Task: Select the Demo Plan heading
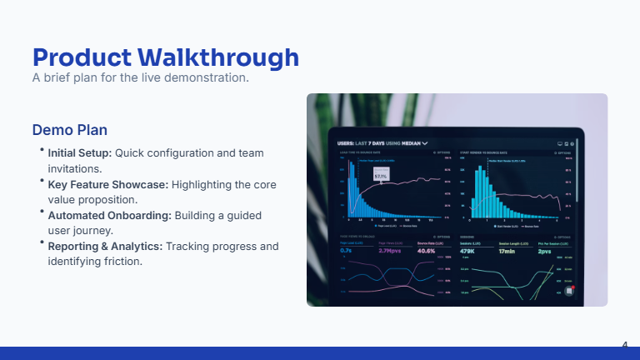69,131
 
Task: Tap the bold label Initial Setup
79,153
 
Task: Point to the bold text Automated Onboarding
109,215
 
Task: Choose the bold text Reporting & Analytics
105,247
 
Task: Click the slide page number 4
624,344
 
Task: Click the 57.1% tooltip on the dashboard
381,176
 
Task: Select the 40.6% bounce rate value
426,251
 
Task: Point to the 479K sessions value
467,251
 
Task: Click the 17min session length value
507,251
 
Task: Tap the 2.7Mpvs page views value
390,251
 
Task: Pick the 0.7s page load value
346,251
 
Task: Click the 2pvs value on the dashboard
544,251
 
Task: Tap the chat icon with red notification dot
569,291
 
